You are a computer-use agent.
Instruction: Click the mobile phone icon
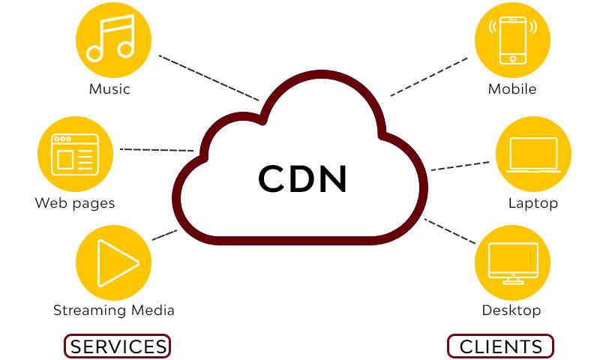pos(513,39)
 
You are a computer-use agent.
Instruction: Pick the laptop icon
pos(533,154)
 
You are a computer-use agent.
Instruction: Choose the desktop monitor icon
pos(513,262)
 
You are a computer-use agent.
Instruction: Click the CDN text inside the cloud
pos(303,178)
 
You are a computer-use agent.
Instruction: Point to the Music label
pos(109,89)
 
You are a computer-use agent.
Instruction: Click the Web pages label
pos(75,203)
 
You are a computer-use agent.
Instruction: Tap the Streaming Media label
pos(114,310)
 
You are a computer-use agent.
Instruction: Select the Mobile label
pos(512,89)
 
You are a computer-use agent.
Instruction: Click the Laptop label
pos(533,203)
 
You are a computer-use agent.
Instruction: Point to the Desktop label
pos(511,310)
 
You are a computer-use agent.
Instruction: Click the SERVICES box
pos(118,346)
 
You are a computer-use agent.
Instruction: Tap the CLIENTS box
pos(500,346)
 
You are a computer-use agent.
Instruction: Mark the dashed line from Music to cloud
pos(208,77)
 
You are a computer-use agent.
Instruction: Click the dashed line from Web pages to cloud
pos(157,150)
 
